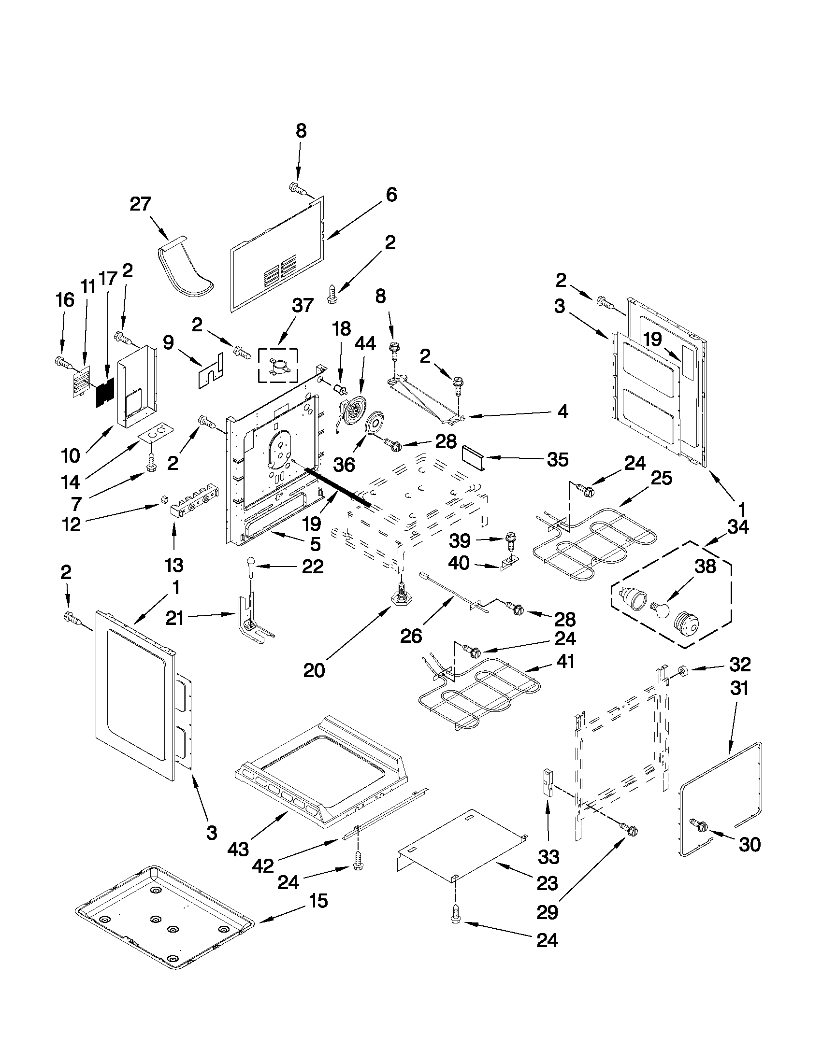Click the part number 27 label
(141, 204)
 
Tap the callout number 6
(391, 195)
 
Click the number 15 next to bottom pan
(318, 901)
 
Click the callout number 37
(303, 306)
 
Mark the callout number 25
(661, 478)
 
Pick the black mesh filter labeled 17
(105, 392)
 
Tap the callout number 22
(312, 566)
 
